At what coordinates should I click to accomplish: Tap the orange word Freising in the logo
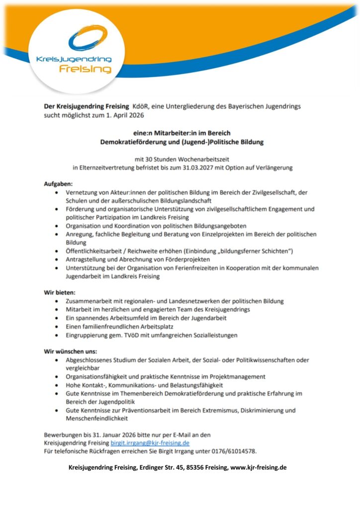click(x=85, y=69)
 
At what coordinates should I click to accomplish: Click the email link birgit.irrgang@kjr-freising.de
click(x=150, y=443)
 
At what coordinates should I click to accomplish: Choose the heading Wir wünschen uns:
click(x=65, y=351)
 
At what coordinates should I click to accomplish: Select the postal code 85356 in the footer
click(x=188, y=467)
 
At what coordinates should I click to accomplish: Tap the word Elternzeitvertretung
click(x=112, y=168)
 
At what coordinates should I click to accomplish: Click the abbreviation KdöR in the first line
click(x=140, y=107)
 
